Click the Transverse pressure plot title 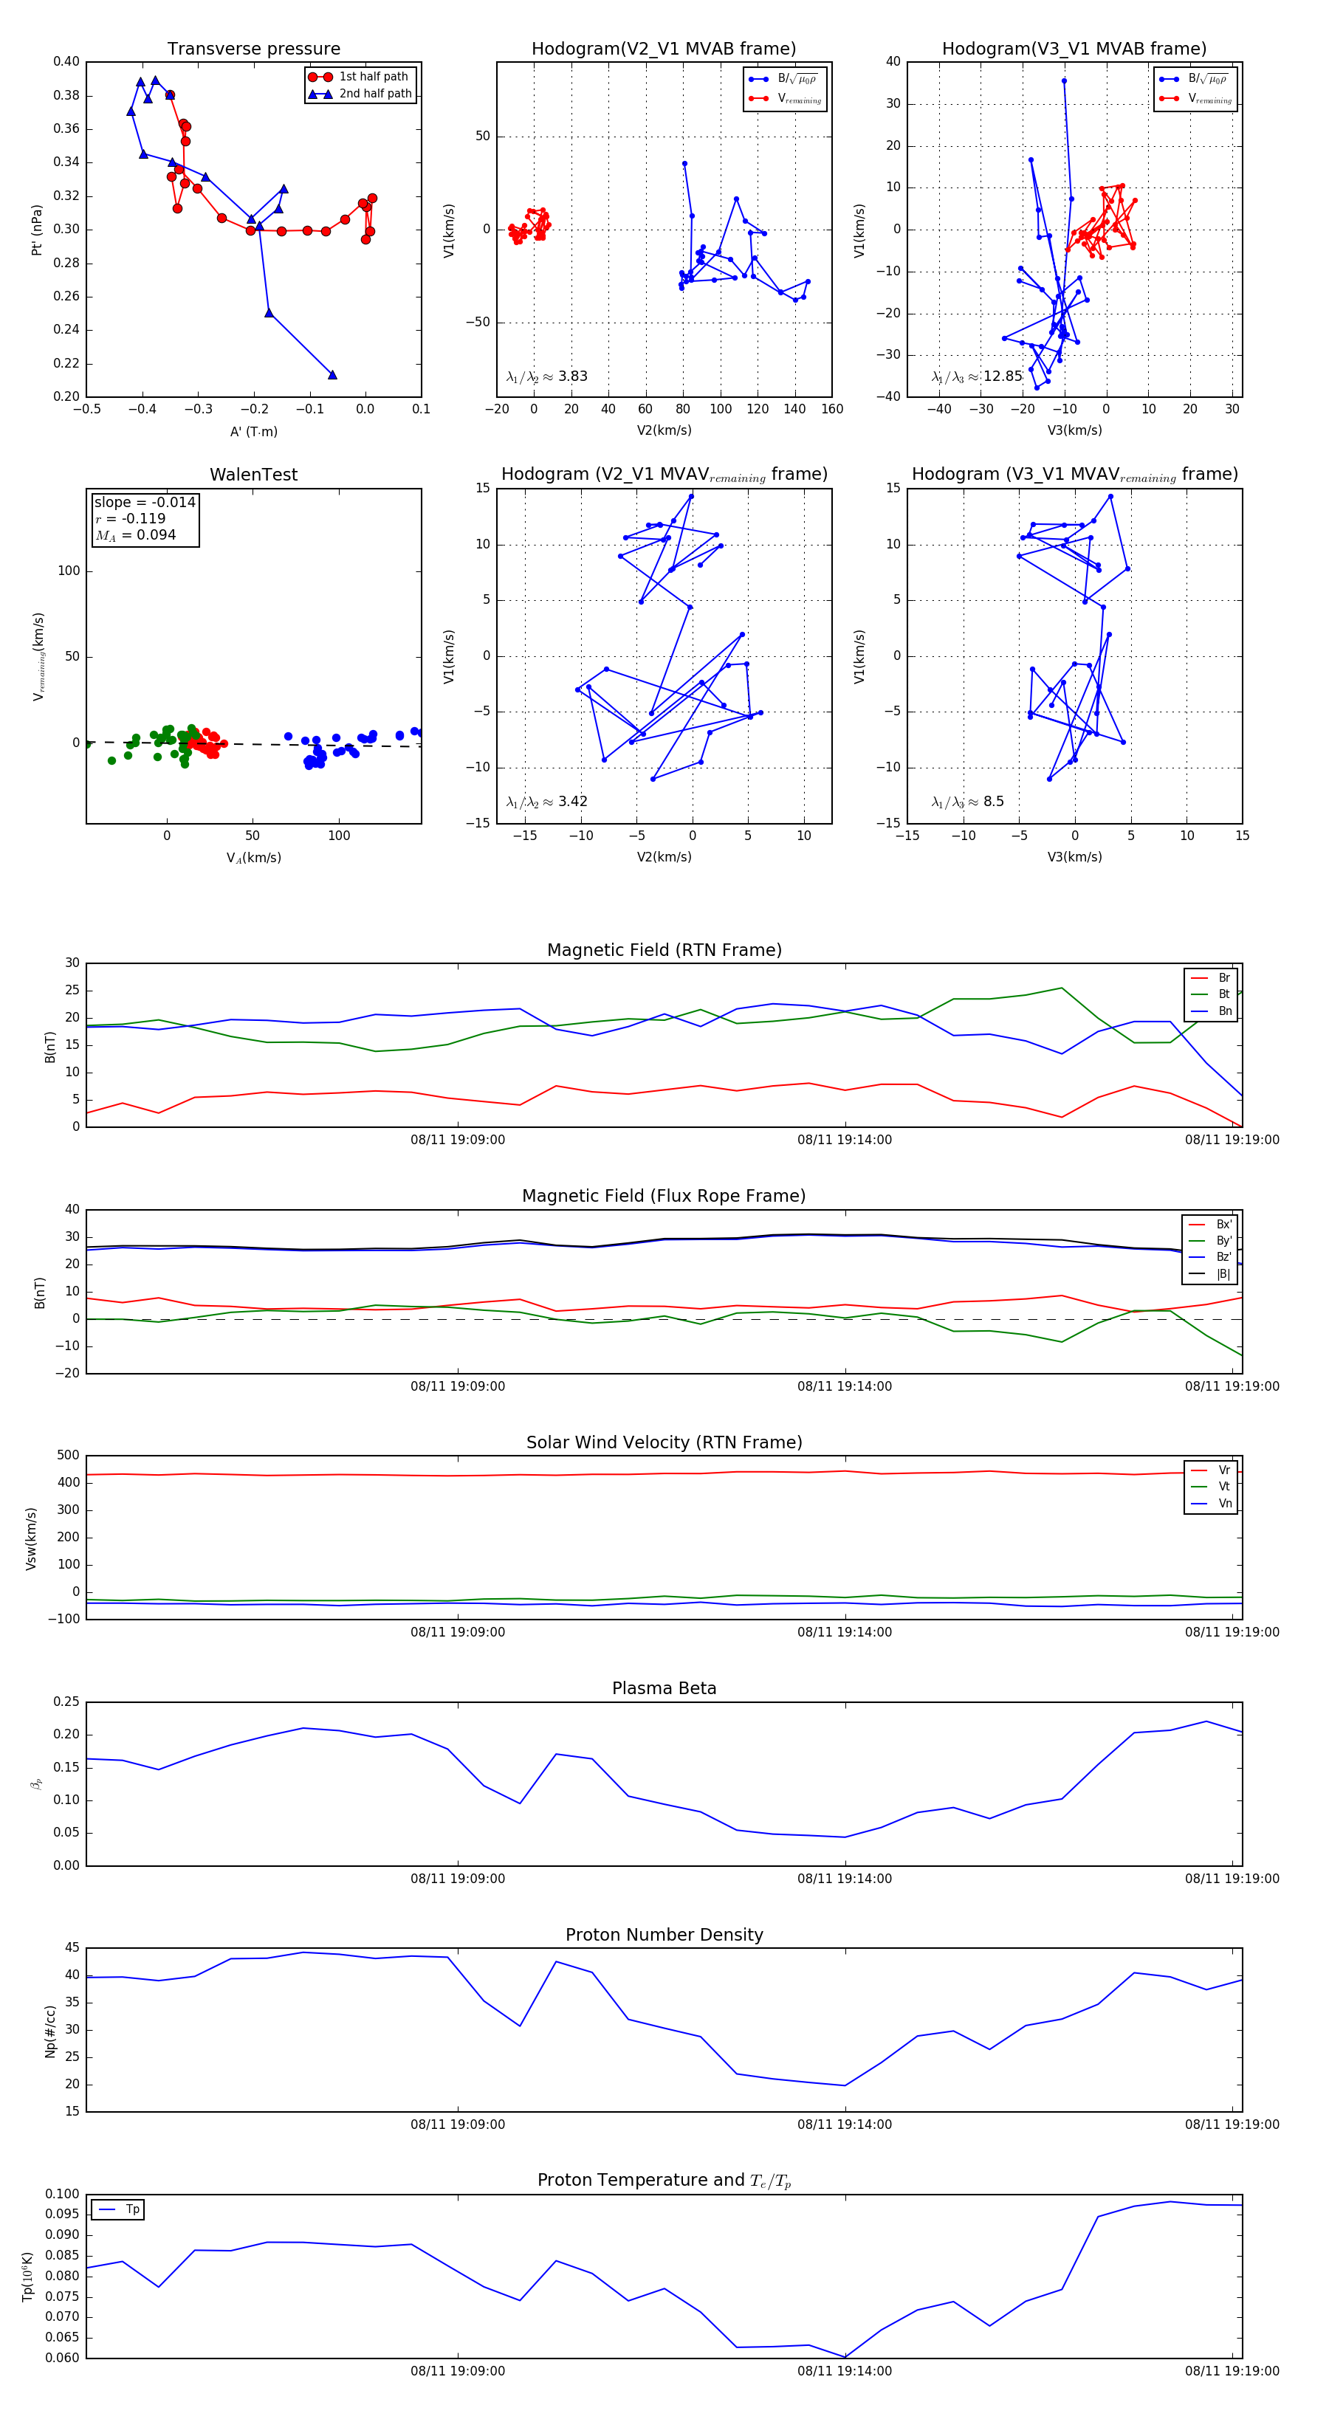coord(253,49)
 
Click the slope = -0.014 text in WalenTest coord(145,502)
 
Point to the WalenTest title coord(253,475)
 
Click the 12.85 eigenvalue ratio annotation coord(977,376)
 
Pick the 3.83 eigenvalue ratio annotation coord(546,376)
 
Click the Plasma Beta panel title coord(664,1689)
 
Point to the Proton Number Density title coord(664,1935)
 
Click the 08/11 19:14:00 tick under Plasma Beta coord(844,1879)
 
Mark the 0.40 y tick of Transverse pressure coord(66,61)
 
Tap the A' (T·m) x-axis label coord(253,432)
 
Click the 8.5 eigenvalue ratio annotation coord(968,802)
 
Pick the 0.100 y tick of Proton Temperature coord(61,2194)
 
